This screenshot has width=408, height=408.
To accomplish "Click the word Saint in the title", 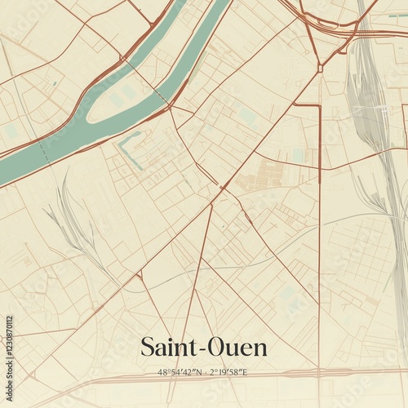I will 168,347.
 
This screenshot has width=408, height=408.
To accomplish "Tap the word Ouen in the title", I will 237,347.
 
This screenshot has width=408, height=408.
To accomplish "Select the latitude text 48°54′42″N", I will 182,372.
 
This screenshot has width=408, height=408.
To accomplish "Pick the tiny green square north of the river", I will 55,83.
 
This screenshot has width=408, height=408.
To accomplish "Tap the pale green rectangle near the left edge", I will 11,131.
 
